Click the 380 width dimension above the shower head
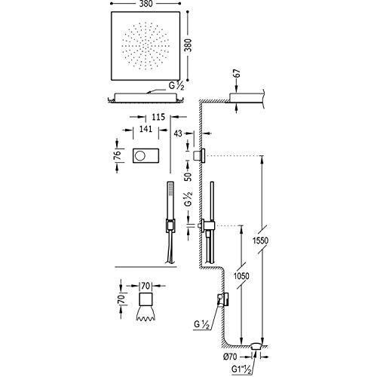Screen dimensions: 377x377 [146, 4]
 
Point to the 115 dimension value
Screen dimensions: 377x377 [158, 117]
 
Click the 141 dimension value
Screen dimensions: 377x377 [146, 129]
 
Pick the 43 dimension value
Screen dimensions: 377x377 [178, 133]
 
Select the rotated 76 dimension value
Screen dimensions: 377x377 [117, 155]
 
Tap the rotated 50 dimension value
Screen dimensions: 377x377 [188, 176]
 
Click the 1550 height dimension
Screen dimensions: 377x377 [261, 241]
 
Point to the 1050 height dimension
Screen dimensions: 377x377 [241, 276]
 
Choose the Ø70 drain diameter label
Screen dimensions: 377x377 [230, 356]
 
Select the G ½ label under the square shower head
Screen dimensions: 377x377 [176, 86]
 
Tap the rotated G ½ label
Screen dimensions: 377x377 [188, 198]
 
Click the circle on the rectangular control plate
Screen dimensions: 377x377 [139, 156]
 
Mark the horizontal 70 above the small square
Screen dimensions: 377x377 [146, 286]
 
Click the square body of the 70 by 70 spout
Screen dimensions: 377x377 [146, 299]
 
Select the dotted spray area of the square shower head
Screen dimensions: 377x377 [146, 47]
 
